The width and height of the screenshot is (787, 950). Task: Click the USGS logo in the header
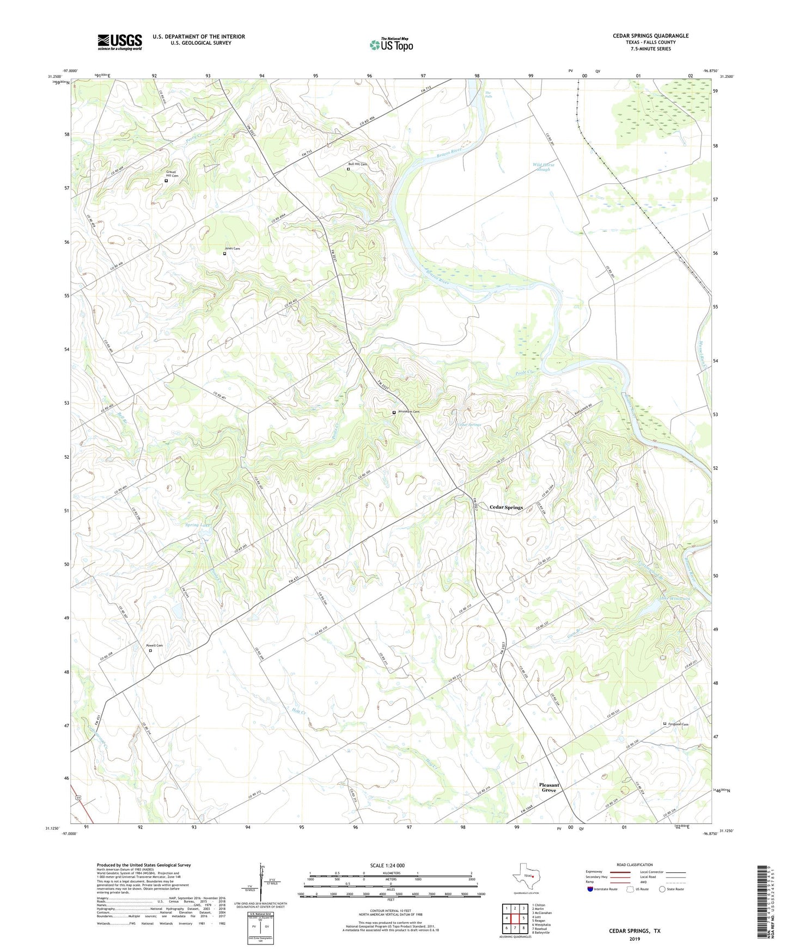[x=120, y=42]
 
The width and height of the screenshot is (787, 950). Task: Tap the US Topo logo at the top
[x=391, y=45]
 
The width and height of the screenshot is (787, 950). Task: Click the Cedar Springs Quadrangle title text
[x=650, y=36]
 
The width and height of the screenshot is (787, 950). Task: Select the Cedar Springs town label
[x=506, y=507]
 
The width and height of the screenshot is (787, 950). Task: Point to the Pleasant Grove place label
[x=549, y=787]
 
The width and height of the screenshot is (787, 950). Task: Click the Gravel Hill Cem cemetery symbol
[x=166, y=181]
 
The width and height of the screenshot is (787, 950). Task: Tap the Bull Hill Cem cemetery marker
[x=349, y=169]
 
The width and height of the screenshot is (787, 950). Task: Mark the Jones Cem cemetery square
[x=224, y=254]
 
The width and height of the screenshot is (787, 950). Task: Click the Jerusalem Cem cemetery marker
[x=394, y=412]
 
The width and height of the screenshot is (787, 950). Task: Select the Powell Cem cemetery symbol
[x=151, y=650]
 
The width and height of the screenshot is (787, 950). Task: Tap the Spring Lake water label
[x=198, y=525]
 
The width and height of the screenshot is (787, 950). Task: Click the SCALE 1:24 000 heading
[x=387, y=865]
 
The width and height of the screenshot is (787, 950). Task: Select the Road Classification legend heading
[x=635, y=865]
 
